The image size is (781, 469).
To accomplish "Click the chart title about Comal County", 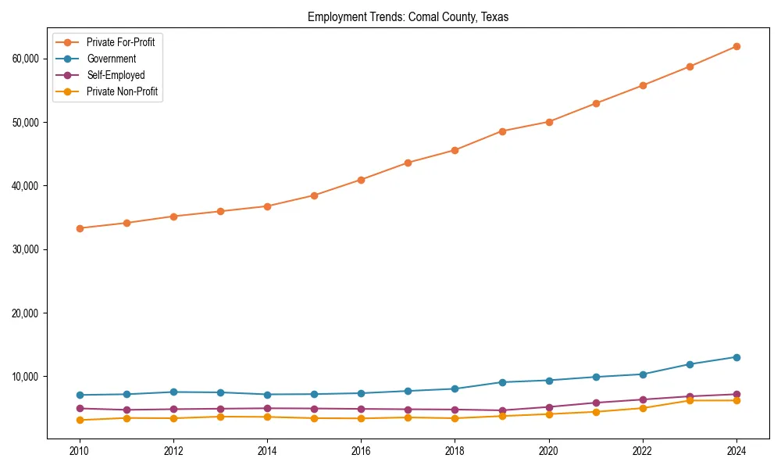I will (408, 17).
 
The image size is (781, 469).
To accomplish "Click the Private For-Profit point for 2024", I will (736, 46).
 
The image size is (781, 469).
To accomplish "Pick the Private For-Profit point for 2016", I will (361, 180).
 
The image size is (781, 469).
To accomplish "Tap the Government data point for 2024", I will (736, 357).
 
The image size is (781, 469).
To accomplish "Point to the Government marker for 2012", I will (173, 392).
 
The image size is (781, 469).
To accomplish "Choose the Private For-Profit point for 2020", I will (548, 122).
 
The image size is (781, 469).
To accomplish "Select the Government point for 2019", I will (501, 382).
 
